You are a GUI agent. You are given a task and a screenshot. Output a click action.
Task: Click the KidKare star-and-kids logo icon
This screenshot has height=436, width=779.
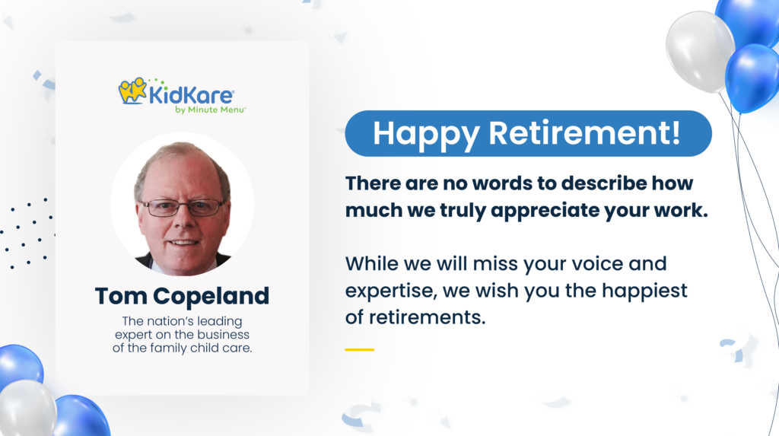(132, 91)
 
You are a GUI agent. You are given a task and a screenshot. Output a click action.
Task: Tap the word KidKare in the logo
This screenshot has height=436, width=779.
(191, 96)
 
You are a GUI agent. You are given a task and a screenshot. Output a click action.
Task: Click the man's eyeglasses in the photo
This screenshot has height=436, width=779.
(183, 207)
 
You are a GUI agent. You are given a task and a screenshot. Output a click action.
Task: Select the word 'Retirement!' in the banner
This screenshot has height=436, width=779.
(583, 134)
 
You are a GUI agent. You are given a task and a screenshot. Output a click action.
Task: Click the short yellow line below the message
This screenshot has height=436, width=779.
(359, 349)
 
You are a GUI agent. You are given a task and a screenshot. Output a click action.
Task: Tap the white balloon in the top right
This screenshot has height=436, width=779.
(699, 49)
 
